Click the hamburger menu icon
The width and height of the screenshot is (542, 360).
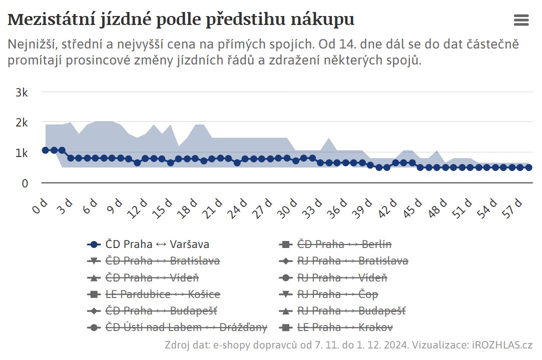point(521,20)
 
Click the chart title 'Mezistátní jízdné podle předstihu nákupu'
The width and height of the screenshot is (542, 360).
point(181,19)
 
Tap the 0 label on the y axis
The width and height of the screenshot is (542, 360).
point(25,183)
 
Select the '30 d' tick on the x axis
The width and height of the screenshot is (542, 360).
point(289,206)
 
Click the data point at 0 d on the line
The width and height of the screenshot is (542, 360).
point(46,150)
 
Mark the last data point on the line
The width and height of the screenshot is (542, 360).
point(528,167)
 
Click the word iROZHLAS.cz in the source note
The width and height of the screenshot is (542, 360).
point(501,345)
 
